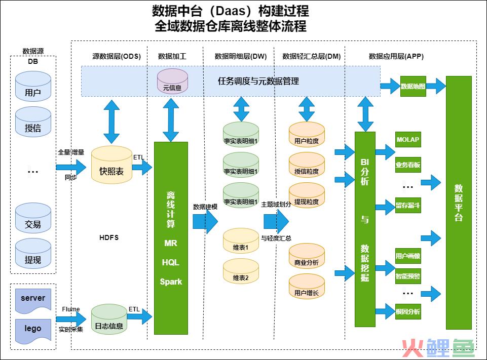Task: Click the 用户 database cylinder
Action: (33, 86)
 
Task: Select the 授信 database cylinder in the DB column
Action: (33, 122)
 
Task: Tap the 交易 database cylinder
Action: (33, 218)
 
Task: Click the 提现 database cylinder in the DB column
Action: (33, 254)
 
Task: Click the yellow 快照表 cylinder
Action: (111, 165)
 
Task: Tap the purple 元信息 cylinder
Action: (172, 81)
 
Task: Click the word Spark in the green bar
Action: (171, 282)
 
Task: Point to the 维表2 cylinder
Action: (241, 271)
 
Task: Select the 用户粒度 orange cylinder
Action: (307, 134)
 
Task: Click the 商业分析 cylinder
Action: (307, 256)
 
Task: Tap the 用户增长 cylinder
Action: (307, 286)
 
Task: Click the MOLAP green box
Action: (408, 140)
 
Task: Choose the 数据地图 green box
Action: (413, 86)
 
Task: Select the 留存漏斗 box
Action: (408, 205)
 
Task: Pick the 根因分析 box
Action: (408, 311)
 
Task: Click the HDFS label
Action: (109, 238)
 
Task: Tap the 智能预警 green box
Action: (408, 276)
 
